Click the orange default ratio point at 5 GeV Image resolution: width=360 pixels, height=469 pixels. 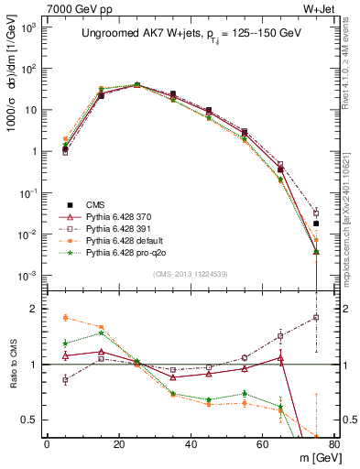click(x=65, y=318)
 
